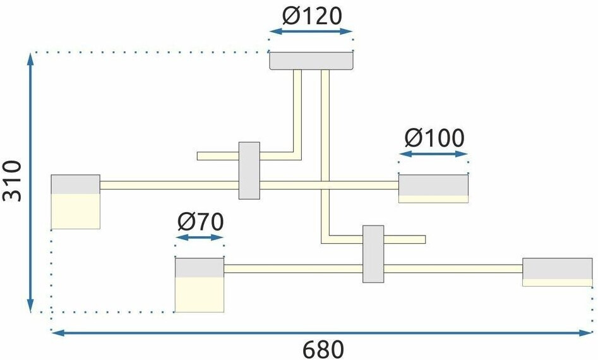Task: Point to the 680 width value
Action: (x=323, y=349)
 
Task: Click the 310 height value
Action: (x=13, y=181)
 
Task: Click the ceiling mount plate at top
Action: (x=311, y=61)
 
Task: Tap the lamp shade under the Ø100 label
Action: (x=433, y=188)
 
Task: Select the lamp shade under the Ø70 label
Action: (x=200, y=285)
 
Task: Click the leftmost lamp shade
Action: (x=76, y=201)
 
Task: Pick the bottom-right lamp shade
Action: (x=557, y=272)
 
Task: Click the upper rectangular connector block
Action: (x=249, y=171)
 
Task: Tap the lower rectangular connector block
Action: (x=373, y=254)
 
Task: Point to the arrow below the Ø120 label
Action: (x=310, y=31)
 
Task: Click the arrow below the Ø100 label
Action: (x=434, y=153)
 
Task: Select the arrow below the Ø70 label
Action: (x=200, y=237)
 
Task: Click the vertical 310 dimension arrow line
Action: (x=30, y=183)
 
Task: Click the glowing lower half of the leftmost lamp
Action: (x=76, y=211)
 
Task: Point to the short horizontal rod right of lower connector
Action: (x=405, y=239)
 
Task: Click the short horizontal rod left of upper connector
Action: (x=218, y=156)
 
